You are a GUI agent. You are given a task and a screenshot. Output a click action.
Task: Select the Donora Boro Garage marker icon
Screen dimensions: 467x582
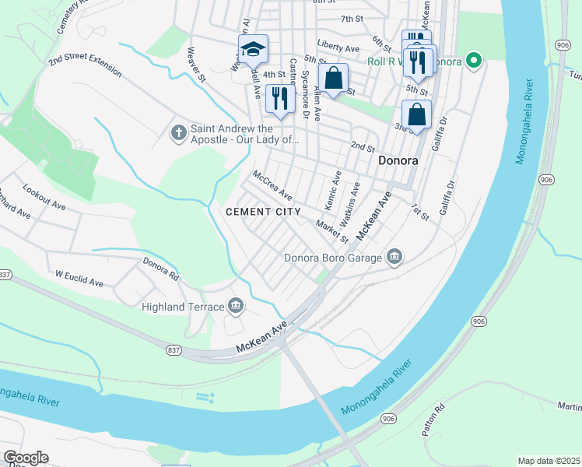[x=395, y=258]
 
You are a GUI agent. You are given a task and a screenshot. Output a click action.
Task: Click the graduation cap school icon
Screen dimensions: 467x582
[x=252, y=50]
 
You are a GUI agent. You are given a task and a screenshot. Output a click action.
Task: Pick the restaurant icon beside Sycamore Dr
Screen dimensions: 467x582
[x=278, y=99]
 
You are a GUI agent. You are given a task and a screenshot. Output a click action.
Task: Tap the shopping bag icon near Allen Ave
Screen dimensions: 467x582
[x=333, y=78]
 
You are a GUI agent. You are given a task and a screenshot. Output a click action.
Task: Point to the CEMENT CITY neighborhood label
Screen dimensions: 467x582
[x=258, y=212]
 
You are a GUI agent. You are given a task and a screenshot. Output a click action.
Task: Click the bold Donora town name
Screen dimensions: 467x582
[x=398, y=161]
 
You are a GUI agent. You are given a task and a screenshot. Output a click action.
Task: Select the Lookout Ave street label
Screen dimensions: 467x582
[x=44, y=198]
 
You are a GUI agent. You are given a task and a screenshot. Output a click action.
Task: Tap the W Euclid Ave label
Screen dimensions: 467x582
[x=79, y=279]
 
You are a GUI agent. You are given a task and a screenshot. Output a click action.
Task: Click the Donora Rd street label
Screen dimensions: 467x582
[x=161, y=269]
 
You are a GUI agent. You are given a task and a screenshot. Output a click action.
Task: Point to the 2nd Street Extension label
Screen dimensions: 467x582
[x=85, y=65]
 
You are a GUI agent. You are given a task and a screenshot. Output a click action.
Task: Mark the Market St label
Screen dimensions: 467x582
[x=332, y=231]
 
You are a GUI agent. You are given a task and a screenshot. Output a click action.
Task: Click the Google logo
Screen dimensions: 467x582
[x=26, y=458]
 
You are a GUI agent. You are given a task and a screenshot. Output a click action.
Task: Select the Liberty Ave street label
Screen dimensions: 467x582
[x=338, y=47]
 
